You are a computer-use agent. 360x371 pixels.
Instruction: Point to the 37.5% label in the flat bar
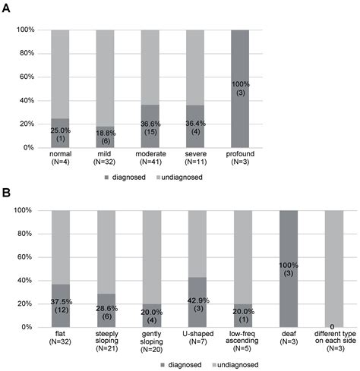click(x=62, y=307)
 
